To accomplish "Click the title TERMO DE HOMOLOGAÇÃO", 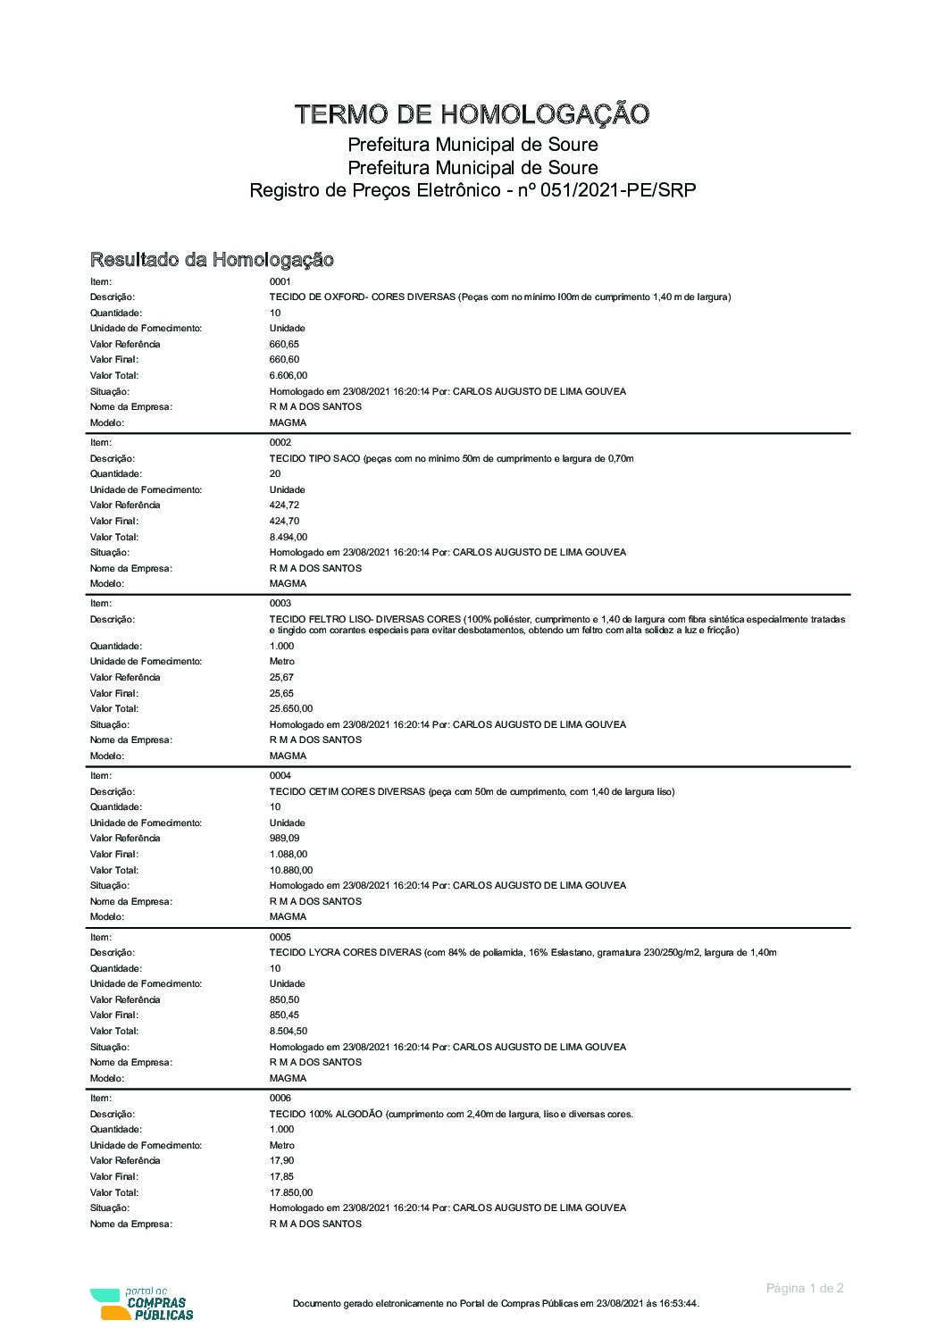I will pyautogui.click(x=472, y=114).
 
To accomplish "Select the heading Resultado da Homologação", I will pyautogui.click(x=212, y=260).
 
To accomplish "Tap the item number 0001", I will pyautogui.click(x=280, y=281).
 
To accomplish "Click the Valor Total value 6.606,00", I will pyautogui.click(x=289, y=376).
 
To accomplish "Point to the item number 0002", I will pyautogui.click(x=280, y=443).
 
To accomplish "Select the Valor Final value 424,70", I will pyautogui.click(x=285, y=522).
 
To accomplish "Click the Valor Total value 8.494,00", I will pyautogui.click(x=289, y=538).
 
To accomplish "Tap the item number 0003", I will pyautogui.click(x=280, y=604).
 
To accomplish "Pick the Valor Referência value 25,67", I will pyautogui.click(x=281, y=678).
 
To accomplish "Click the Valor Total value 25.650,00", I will pyautogui.click(x=291, y=709).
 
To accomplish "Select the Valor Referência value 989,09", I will pyautogui.click(x=285, y=839).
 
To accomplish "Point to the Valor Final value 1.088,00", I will pyautogui.click(x=289, y=855).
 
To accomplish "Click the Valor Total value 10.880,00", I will pyautogui.click(x=291, y=871).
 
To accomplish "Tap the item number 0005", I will pyautogui.click(x=280, y=938).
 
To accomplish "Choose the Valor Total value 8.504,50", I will pyautogui.click(x=289, y=1032).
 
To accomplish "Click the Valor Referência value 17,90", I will pyautogui.click(x=281, y=1161).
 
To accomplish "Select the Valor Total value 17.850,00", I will pyautogui.click(x=291, y=1193).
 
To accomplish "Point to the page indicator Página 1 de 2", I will pyautogui.click(x=805, y=1288).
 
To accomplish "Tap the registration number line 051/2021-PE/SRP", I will pyautogui.click(x=472, y=190).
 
